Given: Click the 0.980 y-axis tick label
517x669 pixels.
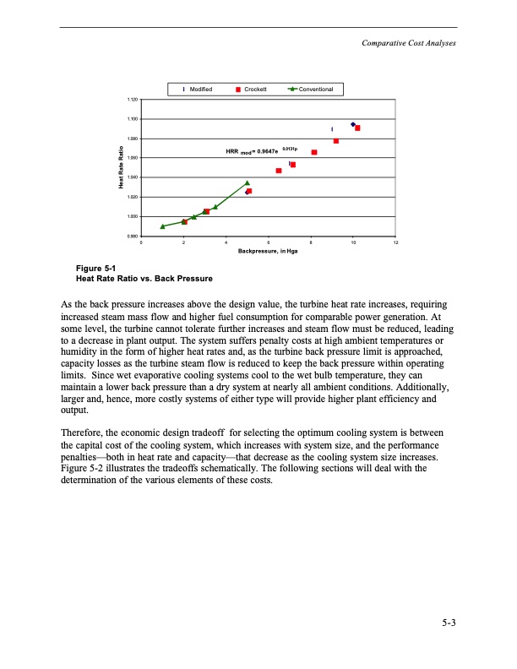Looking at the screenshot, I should click(133, 236).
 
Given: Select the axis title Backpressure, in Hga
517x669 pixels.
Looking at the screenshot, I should click(268, 251).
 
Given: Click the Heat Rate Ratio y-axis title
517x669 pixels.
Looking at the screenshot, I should click(121, 168).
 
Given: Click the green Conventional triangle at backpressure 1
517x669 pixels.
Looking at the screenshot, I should click(163, 226).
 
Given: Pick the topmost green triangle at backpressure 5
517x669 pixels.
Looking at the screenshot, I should click(248, 182).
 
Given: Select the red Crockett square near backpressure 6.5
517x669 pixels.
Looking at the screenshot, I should click(279, 171).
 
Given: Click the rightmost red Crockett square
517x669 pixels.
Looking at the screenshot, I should click(358, 128).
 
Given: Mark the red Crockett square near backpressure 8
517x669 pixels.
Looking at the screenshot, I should click(314, 152).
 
